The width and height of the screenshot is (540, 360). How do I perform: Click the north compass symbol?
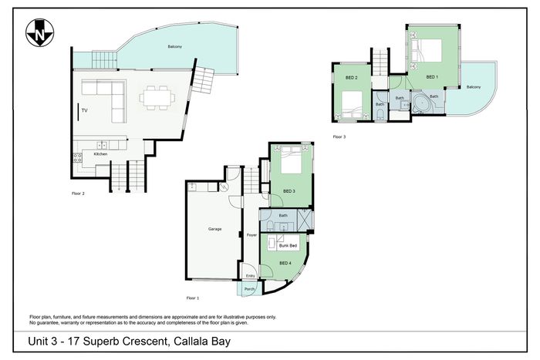(x=39, y=32)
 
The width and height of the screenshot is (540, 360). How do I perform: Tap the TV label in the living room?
(x=84, y=110)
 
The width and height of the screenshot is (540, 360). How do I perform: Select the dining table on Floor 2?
(x=157, y=98)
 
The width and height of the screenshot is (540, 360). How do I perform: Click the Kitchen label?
(x=100, y=154)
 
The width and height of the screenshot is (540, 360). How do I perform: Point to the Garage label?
(x=215, y=229)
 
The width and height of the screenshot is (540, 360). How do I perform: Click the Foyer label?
(x=251, y=235)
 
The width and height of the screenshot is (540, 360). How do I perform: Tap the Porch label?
(x=249, y=289)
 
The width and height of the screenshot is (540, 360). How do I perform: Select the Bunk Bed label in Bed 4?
(x=288, y=245)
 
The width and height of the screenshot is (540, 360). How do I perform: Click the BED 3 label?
(x=289, y=191)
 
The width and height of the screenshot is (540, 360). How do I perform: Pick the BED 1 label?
(x=432, y=77)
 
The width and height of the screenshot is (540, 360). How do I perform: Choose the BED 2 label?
(x=351, y=78)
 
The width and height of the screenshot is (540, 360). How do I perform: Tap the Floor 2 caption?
(x=78, y=193)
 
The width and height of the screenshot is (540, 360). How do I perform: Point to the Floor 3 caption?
(x=339, y=136)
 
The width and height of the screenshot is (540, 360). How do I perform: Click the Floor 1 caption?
(x=193, y=298)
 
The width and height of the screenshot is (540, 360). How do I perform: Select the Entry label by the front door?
(x=251, y=276)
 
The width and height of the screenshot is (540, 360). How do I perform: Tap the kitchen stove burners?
(x=78, y=157)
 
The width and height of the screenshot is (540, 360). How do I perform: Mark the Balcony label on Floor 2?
(x=175, y=46)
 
